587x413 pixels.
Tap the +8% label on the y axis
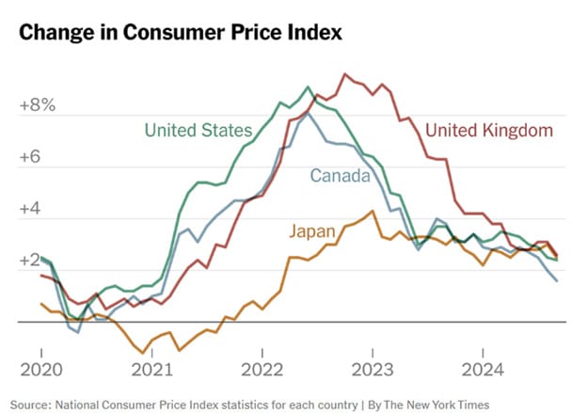38,106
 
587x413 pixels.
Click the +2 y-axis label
32,261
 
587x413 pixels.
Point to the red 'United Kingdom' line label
488,131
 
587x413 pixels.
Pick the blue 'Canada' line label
340,176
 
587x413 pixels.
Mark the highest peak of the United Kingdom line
345,73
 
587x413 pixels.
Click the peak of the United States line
310,87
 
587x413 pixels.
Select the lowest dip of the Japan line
139,354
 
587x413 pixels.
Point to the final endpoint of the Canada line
557,280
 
